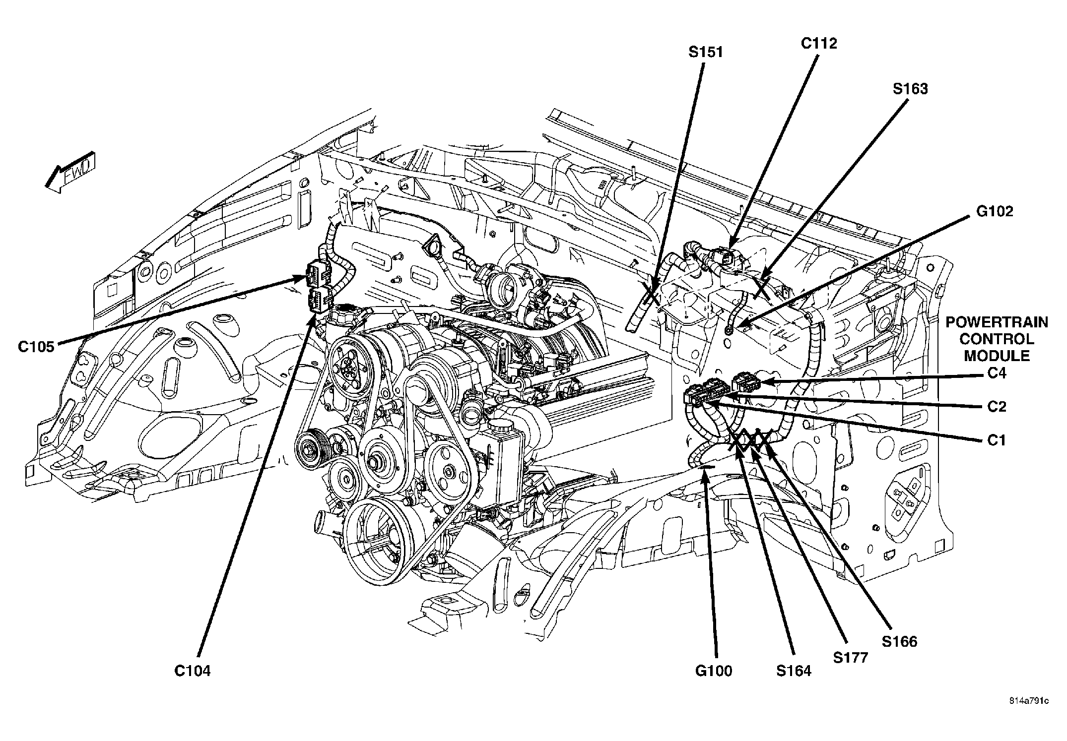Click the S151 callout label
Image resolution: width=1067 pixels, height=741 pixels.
coord(705,52)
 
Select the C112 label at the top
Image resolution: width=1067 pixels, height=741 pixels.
coord(819,44)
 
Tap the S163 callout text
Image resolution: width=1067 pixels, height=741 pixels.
coord(910,89)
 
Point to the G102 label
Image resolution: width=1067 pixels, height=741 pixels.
coord(995,211)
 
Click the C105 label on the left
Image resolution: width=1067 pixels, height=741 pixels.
coord(36,347)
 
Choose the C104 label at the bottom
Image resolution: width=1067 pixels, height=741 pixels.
coord(193,671)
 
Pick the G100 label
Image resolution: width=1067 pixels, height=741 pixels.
coord(714,671)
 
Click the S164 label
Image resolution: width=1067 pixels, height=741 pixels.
coord(794,671)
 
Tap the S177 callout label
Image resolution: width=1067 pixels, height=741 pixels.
coord(851,658)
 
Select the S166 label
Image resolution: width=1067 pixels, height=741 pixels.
coord(900,641)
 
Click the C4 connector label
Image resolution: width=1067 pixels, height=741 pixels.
coord(997,372)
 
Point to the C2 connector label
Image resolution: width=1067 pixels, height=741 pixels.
coord(997,406)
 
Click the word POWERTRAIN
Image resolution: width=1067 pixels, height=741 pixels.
coord(997,322)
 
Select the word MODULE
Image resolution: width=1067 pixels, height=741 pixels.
coord(997,356)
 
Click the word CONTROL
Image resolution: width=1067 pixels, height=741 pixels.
coord(997,339)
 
